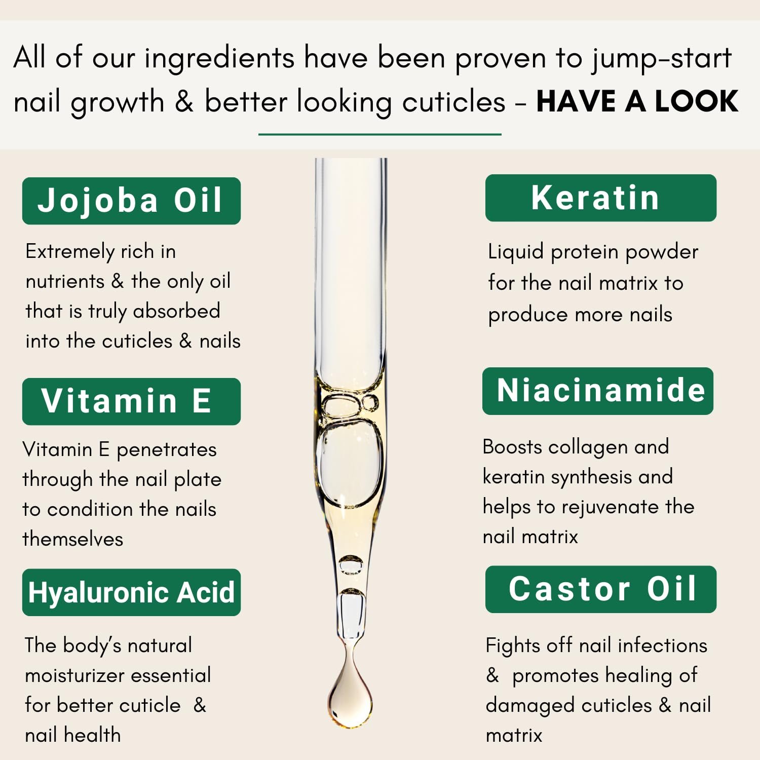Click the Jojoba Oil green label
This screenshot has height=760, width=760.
(x=131, y=201)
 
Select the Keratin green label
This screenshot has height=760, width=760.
(x=601, y=198)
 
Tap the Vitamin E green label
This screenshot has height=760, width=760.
(x=131, y=401)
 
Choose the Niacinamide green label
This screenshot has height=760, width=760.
(x=598, y=391)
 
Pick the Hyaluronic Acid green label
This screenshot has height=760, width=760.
(x=131, y=592)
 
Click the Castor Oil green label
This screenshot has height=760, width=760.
(x=601, y=589)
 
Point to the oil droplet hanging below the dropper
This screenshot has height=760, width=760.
(x=350, y=689)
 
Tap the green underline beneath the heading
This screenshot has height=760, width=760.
(x=380, y=134)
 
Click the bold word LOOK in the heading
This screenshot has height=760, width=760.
(x=697, y=101)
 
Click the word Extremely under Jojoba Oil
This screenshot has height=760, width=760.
(x=70, y=252)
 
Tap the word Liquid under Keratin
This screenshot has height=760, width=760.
(x=516, y=252)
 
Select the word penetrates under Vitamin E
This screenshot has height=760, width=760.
(x=167, y=450)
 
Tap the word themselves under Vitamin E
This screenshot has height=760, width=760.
(x=73, y=539)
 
